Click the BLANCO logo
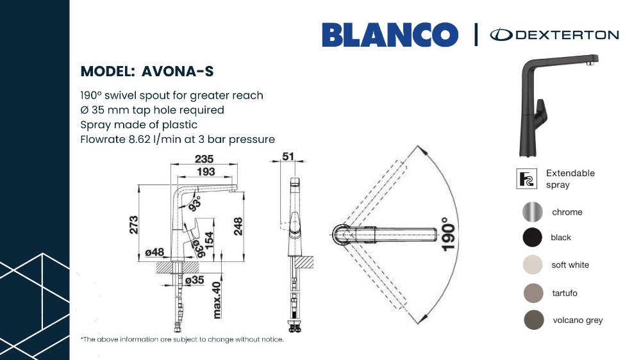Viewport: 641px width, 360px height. click(x=390, y=35)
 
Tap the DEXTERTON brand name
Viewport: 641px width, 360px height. click(x=567, y=35)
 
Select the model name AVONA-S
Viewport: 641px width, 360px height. click(x=178, y=71)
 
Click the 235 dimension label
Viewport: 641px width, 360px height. click(x=204, y=159)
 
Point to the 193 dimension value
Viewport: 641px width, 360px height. click(x=206, y=172)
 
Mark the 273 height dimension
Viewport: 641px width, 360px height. click(x=134, y=225)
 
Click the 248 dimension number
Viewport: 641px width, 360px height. click(x=238, y=226)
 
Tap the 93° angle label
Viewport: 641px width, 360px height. click(x=195, y=204)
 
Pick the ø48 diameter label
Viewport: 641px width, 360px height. click(x=154, y=252)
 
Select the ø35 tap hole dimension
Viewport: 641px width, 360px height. click(x=194, y=280)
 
